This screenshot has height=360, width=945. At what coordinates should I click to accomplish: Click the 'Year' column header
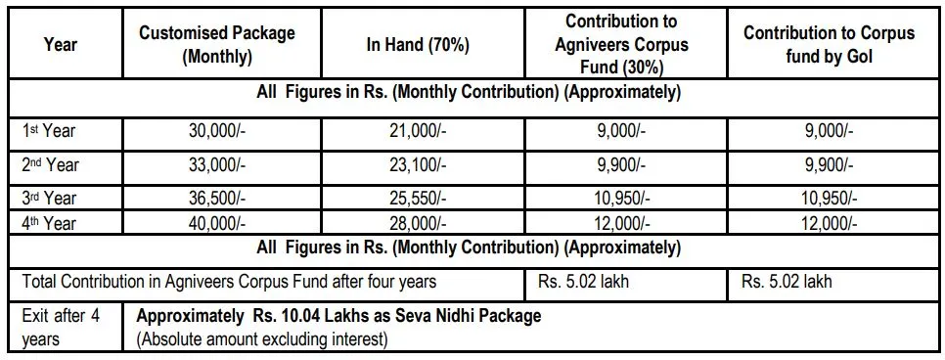point(61,44)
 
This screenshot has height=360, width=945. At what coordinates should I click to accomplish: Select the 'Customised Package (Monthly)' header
point(217,44)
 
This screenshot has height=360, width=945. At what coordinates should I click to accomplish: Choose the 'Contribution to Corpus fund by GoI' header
point(829,44)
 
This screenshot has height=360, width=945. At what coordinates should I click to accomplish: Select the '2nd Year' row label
point(51,164)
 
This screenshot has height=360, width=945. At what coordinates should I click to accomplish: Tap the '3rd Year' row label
point(49,198)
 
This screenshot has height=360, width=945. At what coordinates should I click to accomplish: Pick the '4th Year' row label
point(49,223)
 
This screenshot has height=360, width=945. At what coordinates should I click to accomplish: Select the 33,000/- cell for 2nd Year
point(218,164)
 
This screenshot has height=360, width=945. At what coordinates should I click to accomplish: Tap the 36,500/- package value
point(218,198)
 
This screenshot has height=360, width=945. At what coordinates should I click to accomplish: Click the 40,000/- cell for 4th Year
point(218,223)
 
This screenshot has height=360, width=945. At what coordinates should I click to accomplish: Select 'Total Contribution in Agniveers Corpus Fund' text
point(230,282)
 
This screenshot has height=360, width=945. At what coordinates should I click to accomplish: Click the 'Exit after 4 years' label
point(61,328)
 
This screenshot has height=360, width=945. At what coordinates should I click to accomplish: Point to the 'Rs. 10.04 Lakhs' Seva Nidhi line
point(338,317)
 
